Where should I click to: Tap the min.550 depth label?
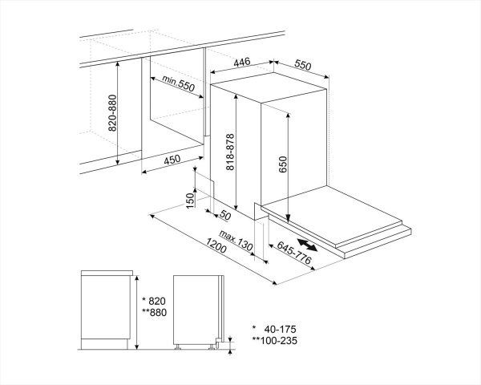tap(178, 83)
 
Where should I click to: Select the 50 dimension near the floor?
tap(225, 215)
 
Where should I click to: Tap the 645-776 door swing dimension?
tap(293, 256)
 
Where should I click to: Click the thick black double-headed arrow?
tap(309, 245)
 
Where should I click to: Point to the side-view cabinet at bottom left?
tap(106, 309)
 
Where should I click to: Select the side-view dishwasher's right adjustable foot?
tap(214, 345)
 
